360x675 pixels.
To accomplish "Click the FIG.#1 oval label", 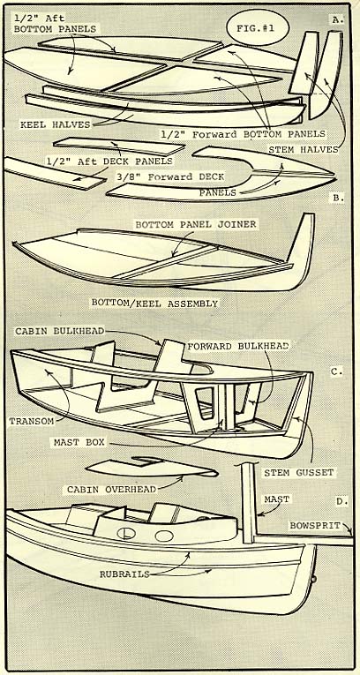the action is (x=258, y=27).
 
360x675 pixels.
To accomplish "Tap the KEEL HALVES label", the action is (x=55, y=124).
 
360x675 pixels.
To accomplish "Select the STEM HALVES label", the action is (x=304, y=149).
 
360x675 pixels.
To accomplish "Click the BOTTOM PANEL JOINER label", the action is (x=196, y=224).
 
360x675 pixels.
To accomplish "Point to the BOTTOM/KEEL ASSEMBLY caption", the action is (x=154, y=303).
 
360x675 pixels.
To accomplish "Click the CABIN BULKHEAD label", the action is (x=59, y=331).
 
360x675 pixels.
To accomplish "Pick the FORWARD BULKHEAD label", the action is (x=238, y=346).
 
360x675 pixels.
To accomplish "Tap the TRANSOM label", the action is (x=32, y=421).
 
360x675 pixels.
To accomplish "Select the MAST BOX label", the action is (x=79, y=442).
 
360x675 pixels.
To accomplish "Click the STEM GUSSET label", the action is (x=299, y=473).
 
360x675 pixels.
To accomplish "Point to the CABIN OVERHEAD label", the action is (x=111, y=490).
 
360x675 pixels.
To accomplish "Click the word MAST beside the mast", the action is (x=276, y=499).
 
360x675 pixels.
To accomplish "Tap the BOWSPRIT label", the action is (x=315, y=526).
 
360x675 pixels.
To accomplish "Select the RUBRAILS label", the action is (x=124, y=574).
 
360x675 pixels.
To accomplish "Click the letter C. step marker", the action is (x=336, y=371).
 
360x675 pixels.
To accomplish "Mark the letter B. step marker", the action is (x=338, y=198).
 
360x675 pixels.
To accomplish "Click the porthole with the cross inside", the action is (x=126, y=533).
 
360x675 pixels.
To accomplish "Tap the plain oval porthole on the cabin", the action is (x=164, y=536).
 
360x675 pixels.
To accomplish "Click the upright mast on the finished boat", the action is (x=249, y=503).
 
